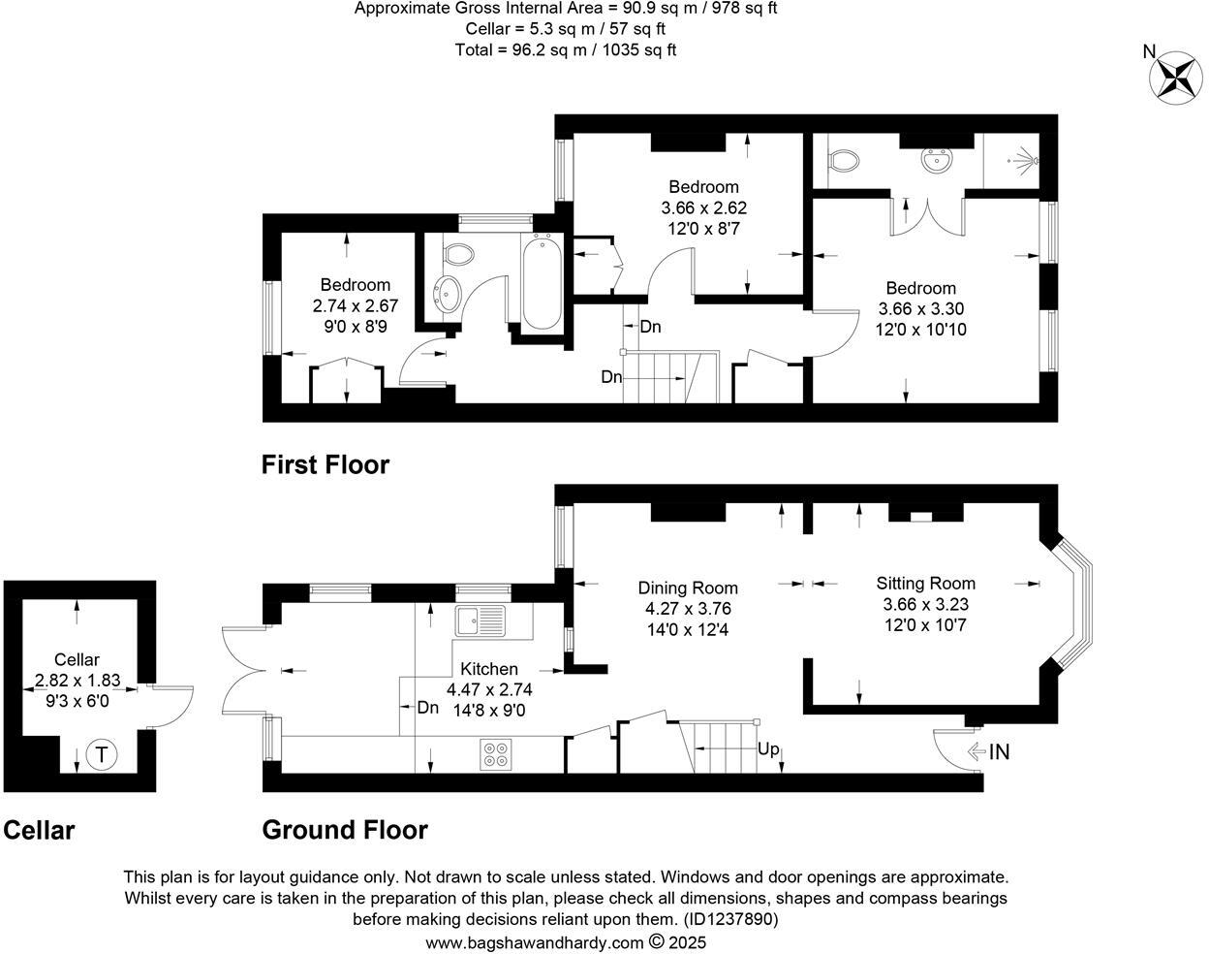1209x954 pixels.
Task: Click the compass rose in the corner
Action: tap(1175, 76)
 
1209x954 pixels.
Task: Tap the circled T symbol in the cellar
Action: tap(101, 753)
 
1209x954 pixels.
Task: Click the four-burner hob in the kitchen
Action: tap(496, 754)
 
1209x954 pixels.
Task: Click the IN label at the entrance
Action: tap(999, 751)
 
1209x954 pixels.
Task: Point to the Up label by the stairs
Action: tap(768, 748)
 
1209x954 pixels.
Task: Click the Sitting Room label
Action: tap(925, 583)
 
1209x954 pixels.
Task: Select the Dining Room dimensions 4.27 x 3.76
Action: tap(688, 609)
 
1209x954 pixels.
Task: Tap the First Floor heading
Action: tap(325, 465)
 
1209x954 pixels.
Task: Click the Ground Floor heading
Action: tap(344, 830)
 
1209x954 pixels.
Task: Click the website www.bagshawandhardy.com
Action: tap(534, 942)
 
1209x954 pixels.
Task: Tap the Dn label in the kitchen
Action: tap(427, 708)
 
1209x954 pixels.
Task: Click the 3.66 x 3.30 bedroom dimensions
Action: tap(920, 309)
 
